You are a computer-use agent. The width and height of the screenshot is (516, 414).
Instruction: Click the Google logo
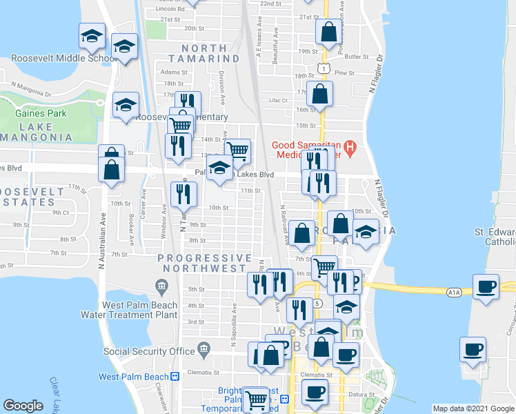point(23,406)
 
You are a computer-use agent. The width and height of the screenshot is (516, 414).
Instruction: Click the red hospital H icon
point(350,147)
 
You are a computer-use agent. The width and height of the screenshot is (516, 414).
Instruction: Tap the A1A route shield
point(453,293)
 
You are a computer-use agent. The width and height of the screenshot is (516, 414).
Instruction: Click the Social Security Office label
point(150,351)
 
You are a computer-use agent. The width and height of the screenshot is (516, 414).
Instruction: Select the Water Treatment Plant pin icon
point(162,285)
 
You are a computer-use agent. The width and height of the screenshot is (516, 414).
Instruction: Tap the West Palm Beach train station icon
point(175,377)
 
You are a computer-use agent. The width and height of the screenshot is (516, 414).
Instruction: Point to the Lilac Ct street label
point(278,101)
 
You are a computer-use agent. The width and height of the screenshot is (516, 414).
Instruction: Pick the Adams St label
point(174,72)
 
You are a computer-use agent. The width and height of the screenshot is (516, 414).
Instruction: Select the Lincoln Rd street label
point(170,9)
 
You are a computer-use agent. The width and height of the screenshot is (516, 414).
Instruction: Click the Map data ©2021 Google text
point(474,408)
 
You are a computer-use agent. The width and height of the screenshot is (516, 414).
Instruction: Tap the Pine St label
point(343,72)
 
